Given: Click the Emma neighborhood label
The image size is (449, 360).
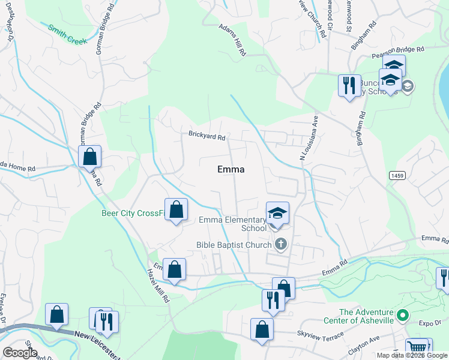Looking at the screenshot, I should [231, 170].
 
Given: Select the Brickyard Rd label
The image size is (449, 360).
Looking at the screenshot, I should [206, 136].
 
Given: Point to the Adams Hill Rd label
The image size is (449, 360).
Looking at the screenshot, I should [232, 40].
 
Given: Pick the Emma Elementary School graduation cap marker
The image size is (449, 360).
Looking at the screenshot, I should [277, 213].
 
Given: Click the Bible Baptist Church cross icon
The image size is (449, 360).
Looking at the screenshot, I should [280, 244].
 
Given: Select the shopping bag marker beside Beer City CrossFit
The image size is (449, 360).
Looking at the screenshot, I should [176, 209].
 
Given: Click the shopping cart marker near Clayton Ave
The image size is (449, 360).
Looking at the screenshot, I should [417, 347].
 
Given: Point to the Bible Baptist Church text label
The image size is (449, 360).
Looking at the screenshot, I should [234, 245].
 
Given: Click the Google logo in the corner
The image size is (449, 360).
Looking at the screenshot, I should [20, 352].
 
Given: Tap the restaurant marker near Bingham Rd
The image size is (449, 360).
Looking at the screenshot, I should [349, 85].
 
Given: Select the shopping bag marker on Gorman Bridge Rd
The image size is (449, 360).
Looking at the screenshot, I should [89, 157].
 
